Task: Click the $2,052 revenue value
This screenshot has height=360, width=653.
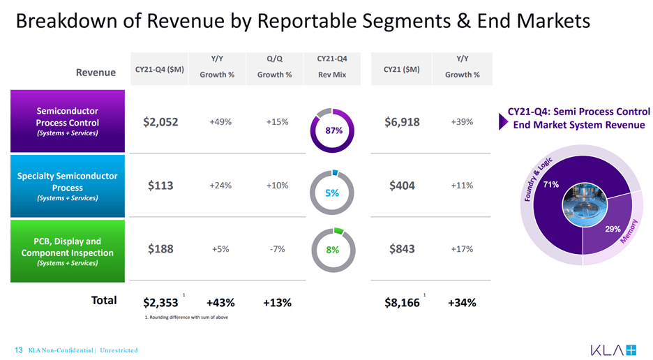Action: pyautogui.click(x=160, y=122)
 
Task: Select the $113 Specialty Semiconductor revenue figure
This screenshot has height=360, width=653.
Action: pyautogui.click(x=160, y=186)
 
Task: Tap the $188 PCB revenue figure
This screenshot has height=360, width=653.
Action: pyautogui.click(x=160, y=249)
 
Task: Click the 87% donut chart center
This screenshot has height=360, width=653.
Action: pyautogui.click(x=332, y=130)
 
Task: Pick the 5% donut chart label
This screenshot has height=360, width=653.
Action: pyautogui.click(x=332, y=193)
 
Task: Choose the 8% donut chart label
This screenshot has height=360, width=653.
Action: pyautogui.click(x=332, y=250)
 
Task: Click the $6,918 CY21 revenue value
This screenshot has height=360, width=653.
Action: pyautogui.click(x=402, y=122)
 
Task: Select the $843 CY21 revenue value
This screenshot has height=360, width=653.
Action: pyautogui.click(x=402, y=249)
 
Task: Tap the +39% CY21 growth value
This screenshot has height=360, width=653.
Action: pyautogui.click(x=462, y=122)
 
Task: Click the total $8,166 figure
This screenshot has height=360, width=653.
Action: pyautogui.click(x=402, y=303)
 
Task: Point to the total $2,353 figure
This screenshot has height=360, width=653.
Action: pyautogui.click(x=160, y=303)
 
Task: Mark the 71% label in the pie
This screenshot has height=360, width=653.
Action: pyautogui.click(x=551, y=185)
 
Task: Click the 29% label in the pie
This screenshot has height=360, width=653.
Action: pyautogui.click(x=613, y=229)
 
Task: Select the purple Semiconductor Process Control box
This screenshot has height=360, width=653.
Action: pyautogui.click(x=67, y=121)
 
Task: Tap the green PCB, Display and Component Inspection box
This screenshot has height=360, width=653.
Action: pyautogui.click(x=67, y=251)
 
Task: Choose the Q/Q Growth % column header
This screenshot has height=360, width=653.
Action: pyautogui.click(x=274, y=67)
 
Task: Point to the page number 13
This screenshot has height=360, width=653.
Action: pyautogui.click(x=19, y=350)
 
